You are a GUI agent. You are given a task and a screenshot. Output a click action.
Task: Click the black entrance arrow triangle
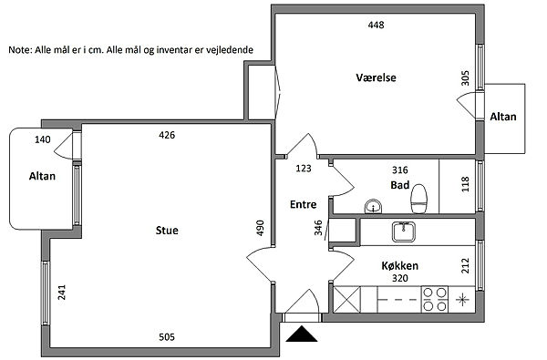[x=302, y=334]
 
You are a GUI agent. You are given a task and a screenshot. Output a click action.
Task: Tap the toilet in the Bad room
[x=418, y=199]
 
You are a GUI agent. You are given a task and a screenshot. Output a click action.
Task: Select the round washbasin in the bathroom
[x=373, y=206]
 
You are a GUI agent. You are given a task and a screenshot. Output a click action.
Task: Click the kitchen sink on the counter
[x=404, y=232]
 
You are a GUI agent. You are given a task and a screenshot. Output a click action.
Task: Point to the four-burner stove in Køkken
[x=435, y=299]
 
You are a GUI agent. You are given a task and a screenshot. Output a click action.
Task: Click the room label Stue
[x=167, y=231]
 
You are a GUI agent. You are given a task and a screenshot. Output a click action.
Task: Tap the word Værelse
[x=376, y=77]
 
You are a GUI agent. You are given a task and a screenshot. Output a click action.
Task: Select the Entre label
[x=304, y=204]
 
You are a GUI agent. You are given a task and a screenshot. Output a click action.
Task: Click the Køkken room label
[x=400, y=266]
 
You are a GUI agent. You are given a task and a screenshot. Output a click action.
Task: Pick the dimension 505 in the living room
[x=167, y=337]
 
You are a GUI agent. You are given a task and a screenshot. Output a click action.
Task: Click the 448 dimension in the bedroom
[x=376, y=25]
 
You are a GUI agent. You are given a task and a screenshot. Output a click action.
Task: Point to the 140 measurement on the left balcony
[x=43, y=139]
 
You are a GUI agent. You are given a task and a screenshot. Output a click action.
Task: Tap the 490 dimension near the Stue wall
[x=260, y=228]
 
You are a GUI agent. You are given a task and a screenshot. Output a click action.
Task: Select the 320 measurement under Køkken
[x=400, y=278]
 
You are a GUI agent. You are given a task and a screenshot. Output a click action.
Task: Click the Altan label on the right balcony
[x=503, y=117]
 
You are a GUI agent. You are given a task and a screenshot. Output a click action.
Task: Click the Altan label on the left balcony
[x=42, y=176]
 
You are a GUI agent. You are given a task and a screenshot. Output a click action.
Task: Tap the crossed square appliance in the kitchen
[x=347, y=299]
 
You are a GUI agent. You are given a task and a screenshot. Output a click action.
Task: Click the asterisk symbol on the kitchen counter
[x=462, y=299]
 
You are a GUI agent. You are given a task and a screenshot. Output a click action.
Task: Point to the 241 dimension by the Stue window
[x=61, y=293]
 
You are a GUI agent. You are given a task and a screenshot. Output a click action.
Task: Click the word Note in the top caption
[x=20, y=50]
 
